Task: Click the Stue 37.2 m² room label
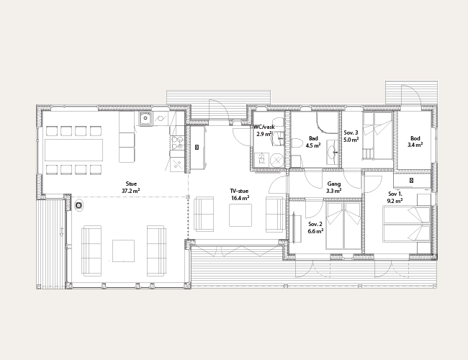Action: coord(131,187)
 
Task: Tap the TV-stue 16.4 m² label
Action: coord(240,194)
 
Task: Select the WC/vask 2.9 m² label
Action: coord(264,130)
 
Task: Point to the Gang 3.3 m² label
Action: coord(333,187)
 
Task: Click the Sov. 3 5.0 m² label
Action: coord(351,136)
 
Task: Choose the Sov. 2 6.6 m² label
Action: coord(315,228)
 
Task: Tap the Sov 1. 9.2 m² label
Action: coord(395,197)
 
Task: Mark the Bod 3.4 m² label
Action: coord(415,142)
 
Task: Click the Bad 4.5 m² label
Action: coord(313,142)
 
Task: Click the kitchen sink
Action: coord(145,119)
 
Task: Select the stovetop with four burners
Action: coord(177,143)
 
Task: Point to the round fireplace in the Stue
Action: coord(78,205)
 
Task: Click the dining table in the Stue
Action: coord(74,150)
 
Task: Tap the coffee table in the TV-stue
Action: coord(240,215)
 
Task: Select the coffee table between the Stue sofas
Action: coord(123,251)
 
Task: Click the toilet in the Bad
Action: coord(297,146)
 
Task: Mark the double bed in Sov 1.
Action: coord(407,225)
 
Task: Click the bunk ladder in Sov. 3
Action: coord(369,154)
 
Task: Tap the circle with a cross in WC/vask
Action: coord(277,161)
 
